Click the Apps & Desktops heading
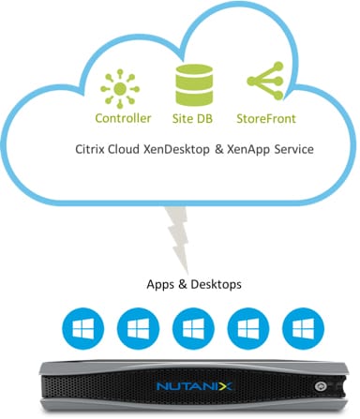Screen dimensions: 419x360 click(180, 286)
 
